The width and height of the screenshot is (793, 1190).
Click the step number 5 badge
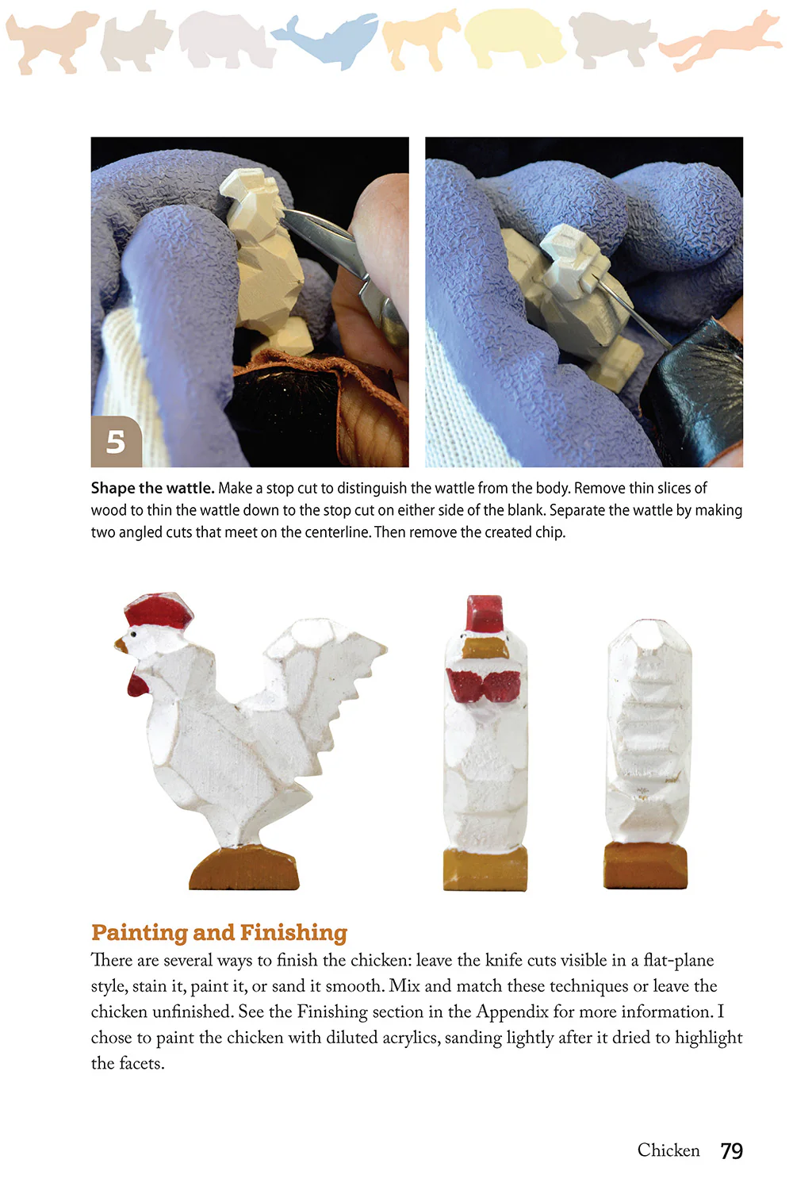click(116, 441)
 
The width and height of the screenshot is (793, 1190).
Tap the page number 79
click(731, 1150)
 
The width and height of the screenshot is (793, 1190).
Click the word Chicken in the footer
click(668, 1150)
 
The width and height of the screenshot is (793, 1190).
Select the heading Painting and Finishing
click(219, 932)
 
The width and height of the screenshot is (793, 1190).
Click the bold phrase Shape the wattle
click(152, 488)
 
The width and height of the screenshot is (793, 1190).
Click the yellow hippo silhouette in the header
click(514, 38)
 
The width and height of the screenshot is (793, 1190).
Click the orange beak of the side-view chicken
click(121, 645)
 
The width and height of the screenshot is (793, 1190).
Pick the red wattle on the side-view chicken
click(138, 683)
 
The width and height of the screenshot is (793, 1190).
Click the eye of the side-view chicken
click(134, 634)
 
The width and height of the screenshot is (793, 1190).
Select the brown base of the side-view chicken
click(243, 869)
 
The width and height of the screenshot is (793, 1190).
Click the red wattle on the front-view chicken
click(484, 685)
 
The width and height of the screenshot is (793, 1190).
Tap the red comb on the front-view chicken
click(485, 612)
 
